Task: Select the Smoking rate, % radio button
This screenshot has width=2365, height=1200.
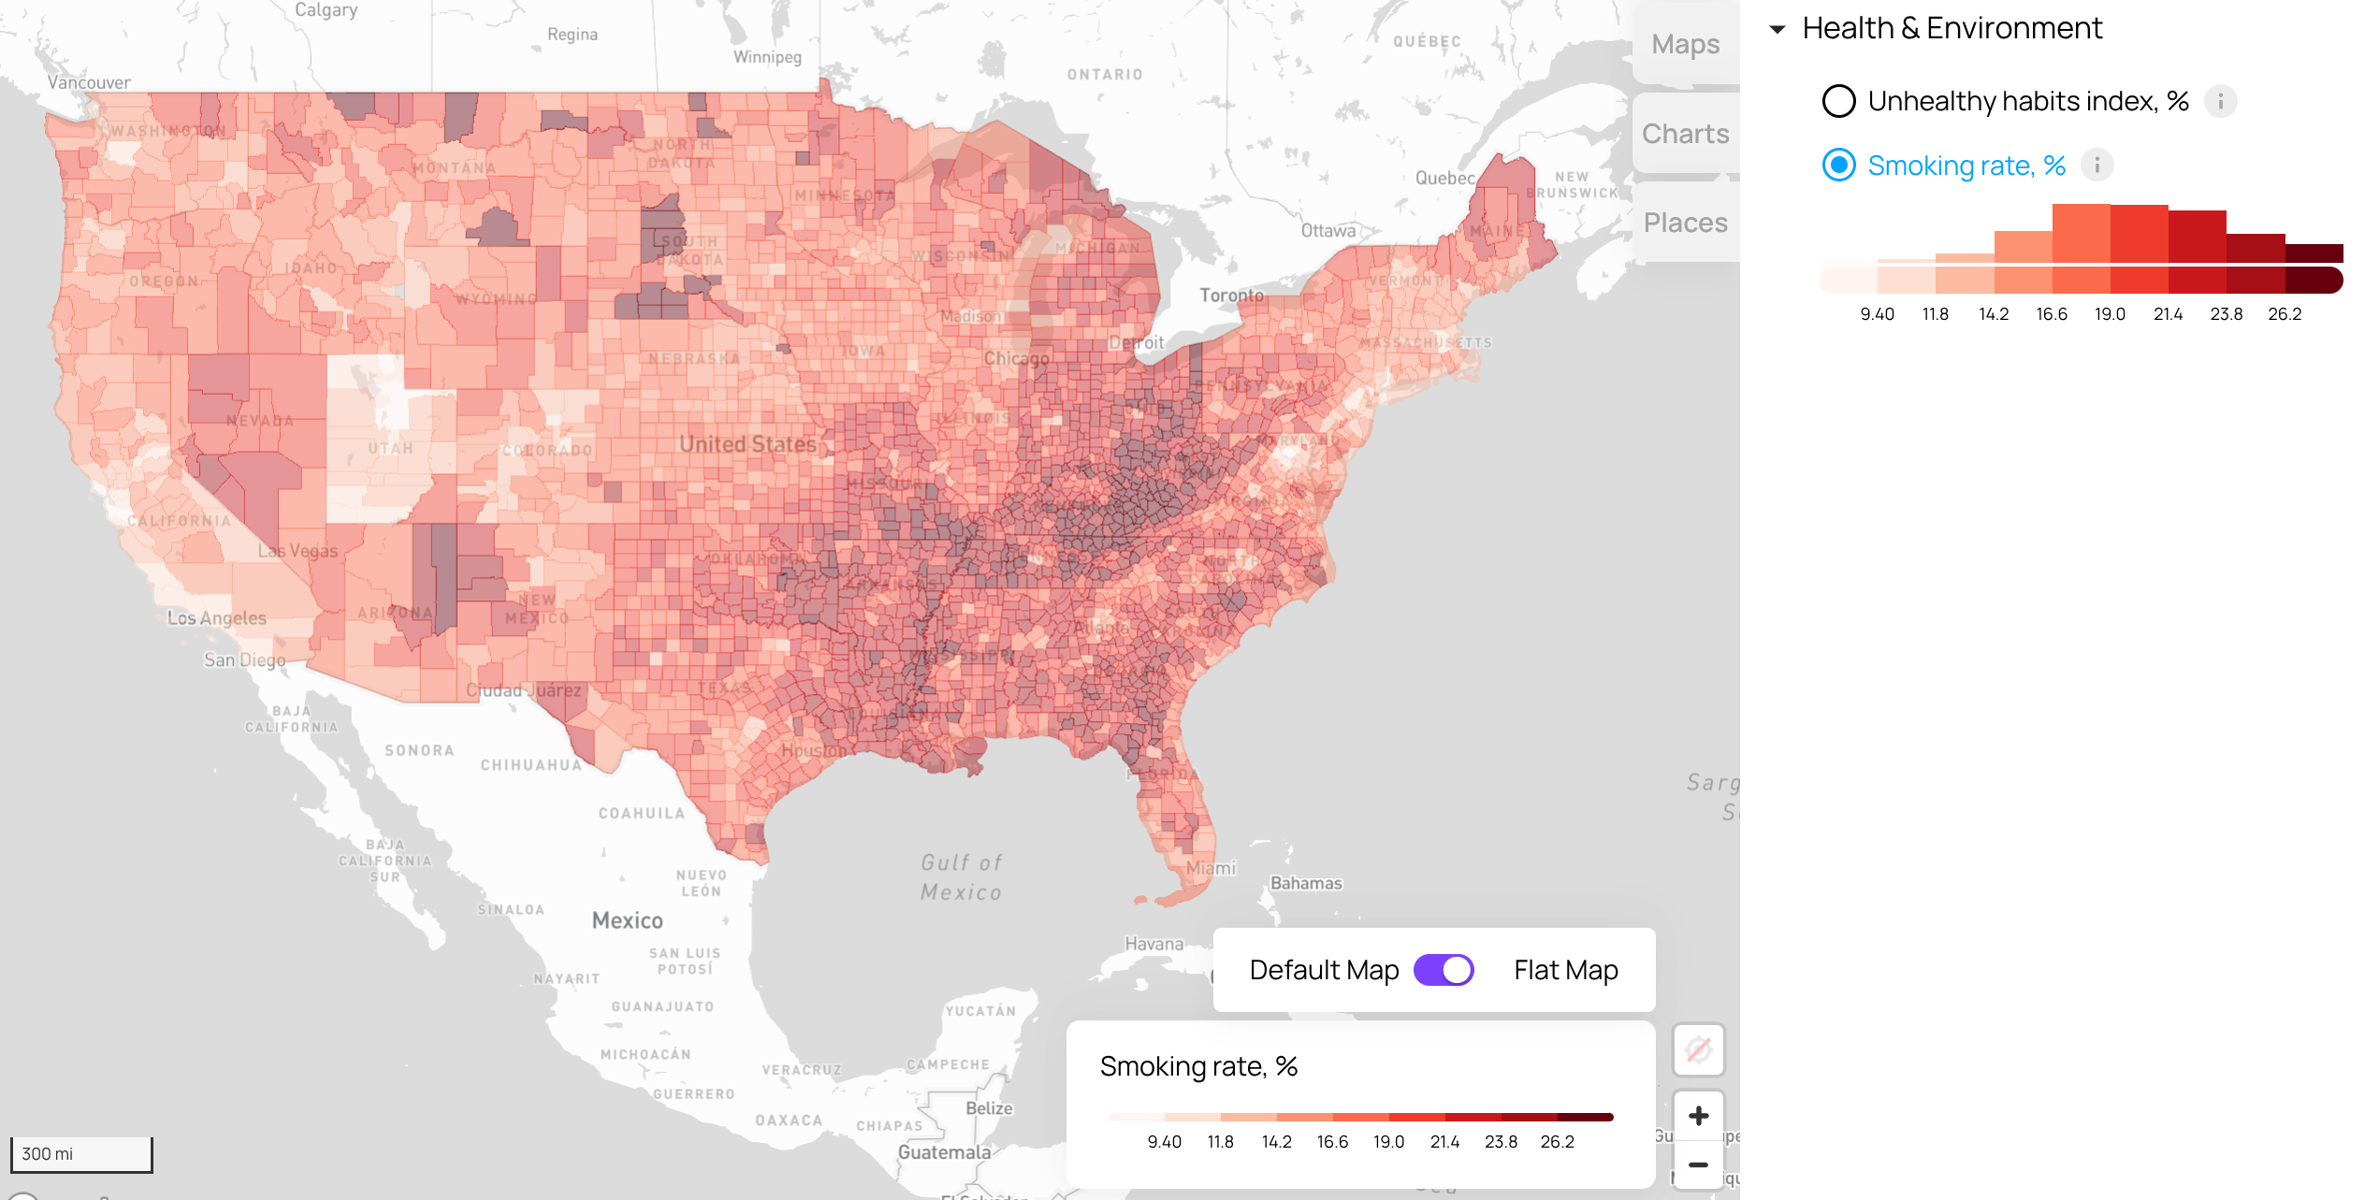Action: click(1838, 166)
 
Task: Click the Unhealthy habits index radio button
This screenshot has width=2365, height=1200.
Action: click(1838, 101)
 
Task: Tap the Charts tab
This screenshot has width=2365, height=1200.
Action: click(1685, 134)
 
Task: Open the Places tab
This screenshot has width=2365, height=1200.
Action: click(1685, 223)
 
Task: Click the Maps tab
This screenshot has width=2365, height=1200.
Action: click(1685, 44)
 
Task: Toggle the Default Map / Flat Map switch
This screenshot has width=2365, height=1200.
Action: click(1444, 970)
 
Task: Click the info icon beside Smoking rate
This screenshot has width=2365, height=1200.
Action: click(2097, 166)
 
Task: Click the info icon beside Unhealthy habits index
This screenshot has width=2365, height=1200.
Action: click(2220, 101)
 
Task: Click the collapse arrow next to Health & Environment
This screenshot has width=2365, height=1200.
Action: click(1777, 29)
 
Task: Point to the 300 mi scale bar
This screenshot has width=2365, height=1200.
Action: click(80, 1154)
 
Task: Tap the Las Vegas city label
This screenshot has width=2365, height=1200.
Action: click(297, 551)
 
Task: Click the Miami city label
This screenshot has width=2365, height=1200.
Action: click(1211, 868)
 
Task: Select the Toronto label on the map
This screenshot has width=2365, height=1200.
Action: click(1231, 296)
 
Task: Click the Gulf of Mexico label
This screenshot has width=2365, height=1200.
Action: click(961, 877)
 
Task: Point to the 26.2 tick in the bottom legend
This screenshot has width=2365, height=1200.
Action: click(1557, 1142)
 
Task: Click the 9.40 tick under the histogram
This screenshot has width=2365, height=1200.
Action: click(1877, 314)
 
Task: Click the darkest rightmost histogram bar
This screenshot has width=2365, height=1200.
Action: click(2314, 253)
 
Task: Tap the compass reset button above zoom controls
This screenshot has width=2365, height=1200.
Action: click(1698, 1049)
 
